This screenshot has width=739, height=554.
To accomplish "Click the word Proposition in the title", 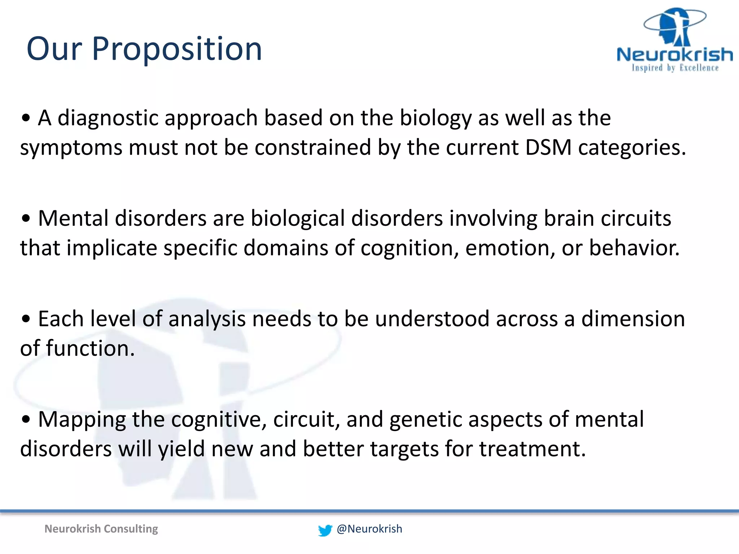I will coord(177,49).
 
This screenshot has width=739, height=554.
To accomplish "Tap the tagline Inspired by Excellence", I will coord(675,68).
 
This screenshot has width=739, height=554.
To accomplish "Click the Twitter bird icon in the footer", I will coord(325,530).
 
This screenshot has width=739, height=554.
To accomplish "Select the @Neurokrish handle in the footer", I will coord(369,529).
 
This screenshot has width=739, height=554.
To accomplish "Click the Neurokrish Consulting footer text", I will coord(101,529).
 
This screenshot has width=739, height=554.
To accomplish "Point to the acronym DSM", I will coord(548,148).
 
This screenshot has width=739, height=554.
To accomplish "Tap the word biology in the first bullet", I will coord(436,118).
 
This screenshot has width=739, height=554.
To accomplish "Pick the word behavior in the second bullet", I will coord(634,248).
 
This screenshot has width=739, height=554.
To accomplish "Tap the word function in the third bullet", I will coord(90,349).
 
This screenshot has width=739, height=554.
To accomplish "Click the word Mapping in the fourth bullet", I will coord(82,420).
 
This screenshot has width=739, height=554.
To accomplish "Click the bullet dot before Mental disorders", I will coord(26,219).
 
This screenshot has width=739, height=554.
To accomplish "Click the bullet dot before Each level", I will coord(26,320).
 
